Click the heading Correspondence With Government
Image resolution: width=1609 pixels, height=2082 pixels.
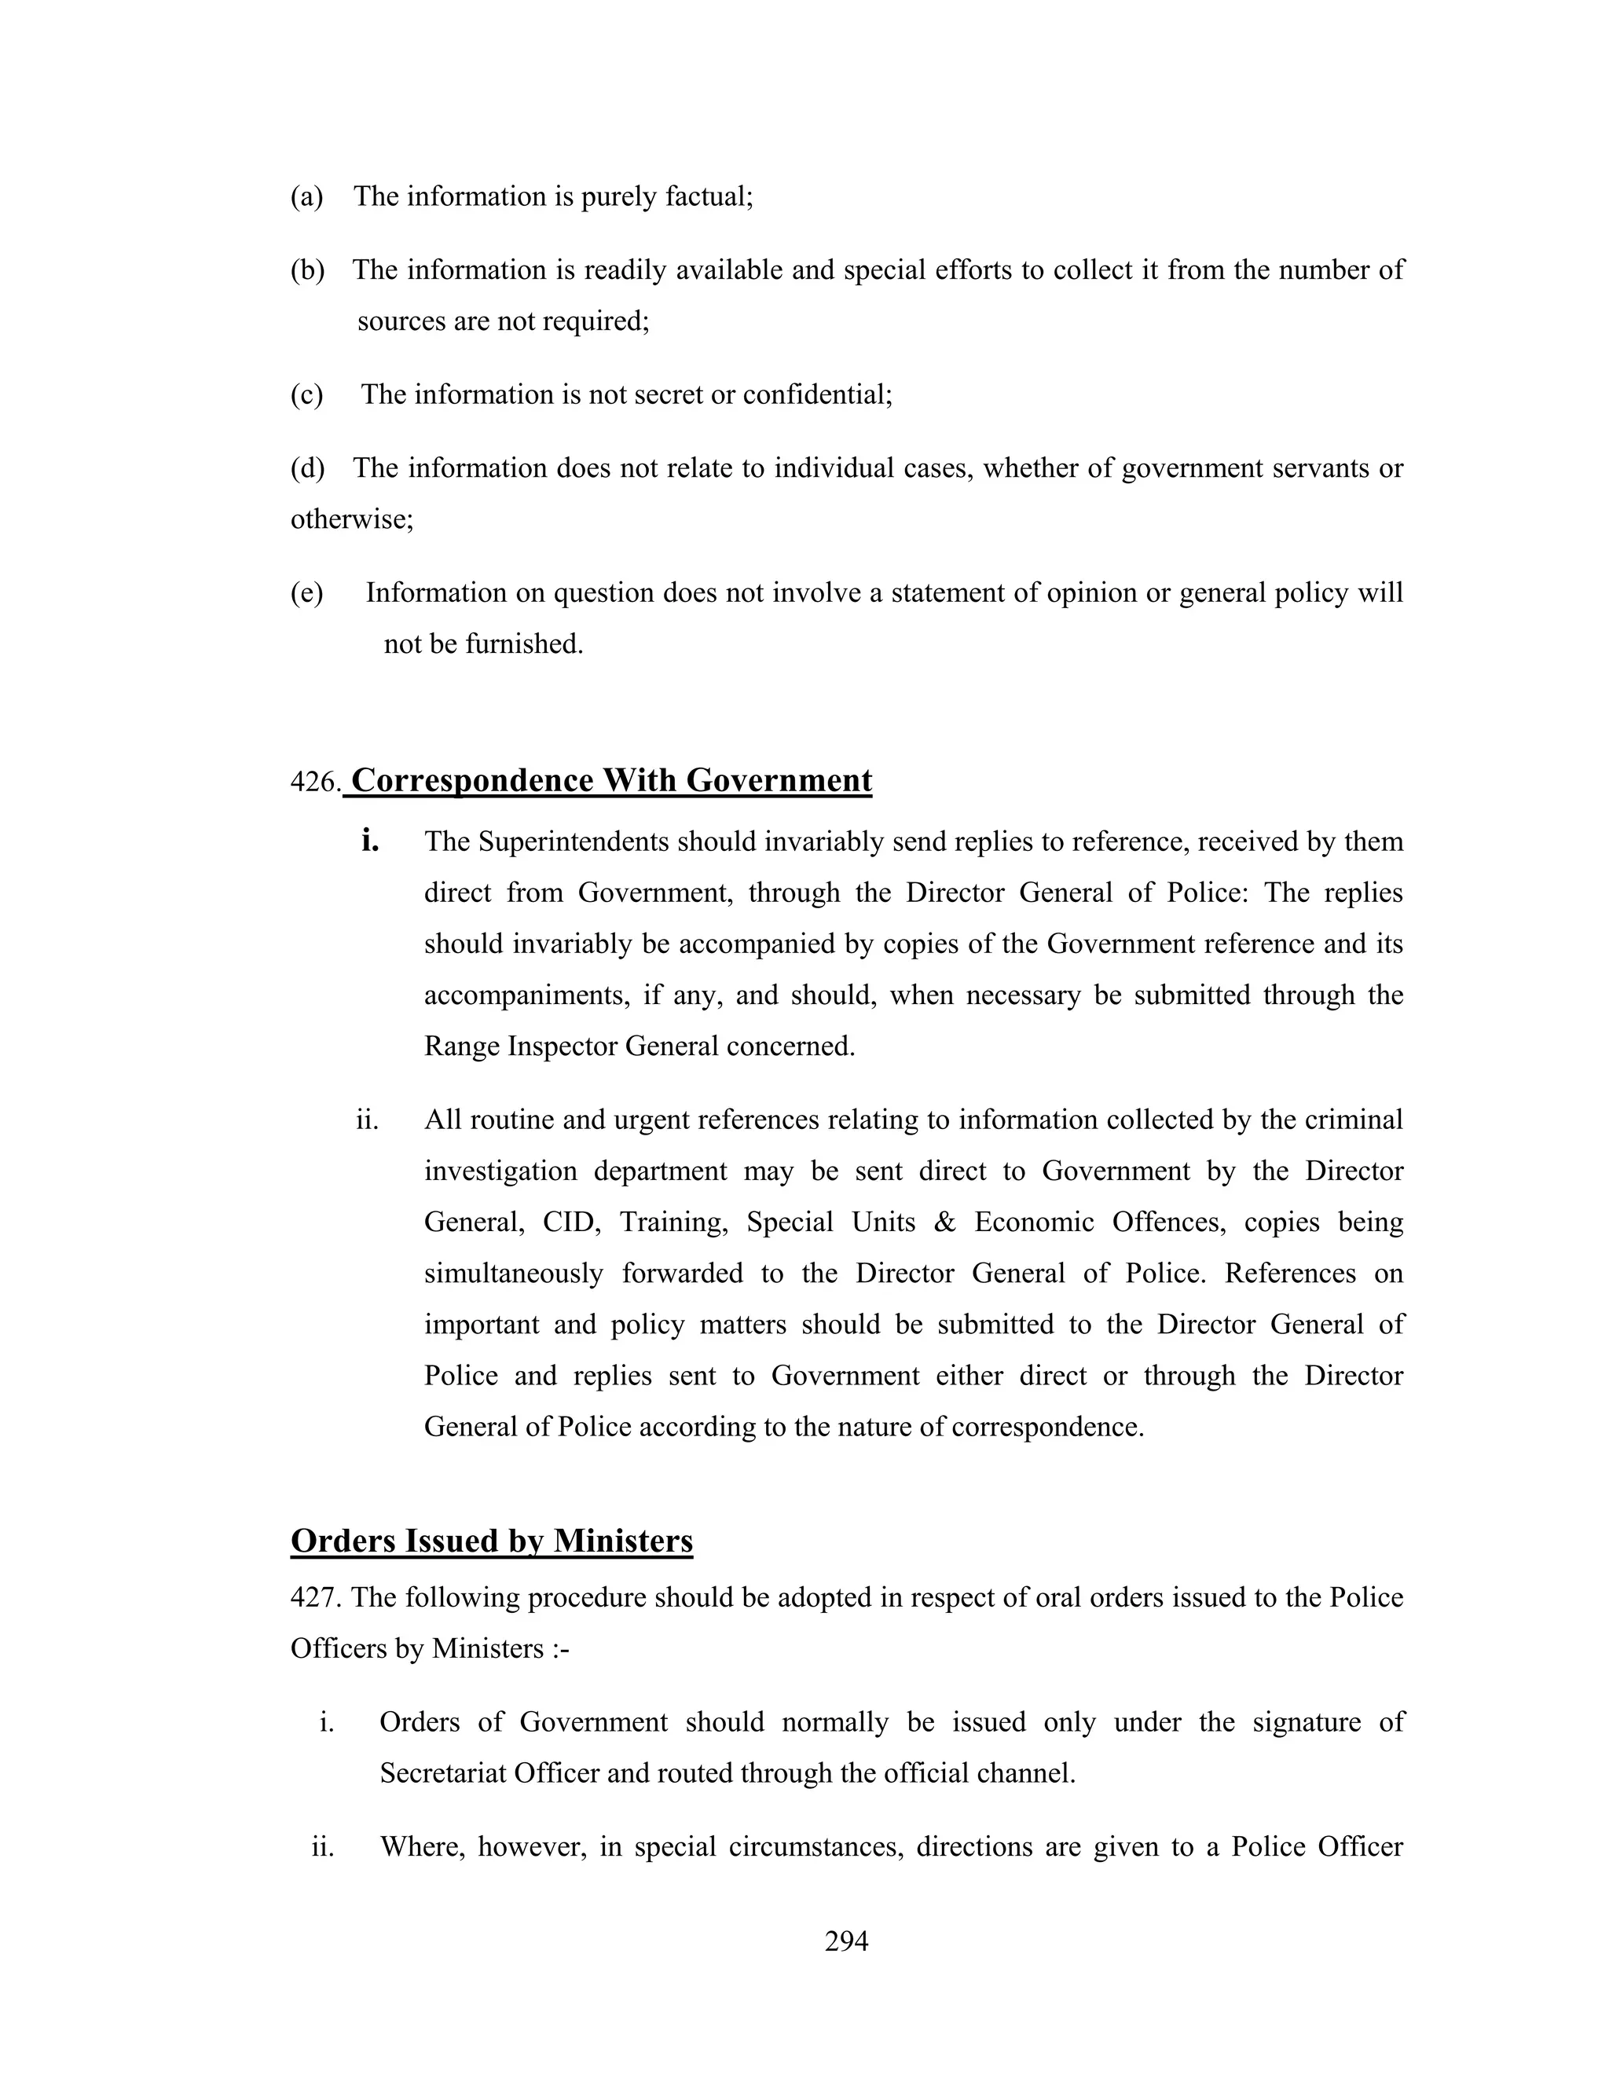click(611, 780)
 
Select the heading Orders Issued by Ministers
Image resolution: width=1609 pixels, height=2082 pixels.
click(491, 1541)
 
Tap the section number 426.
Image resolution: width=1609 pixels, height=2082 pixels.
click(313, 783)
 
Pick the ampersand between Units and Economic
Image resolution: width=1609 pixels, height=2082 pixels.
click(944, 1222)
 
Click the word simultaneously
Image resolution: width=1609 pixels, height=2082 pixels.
click(513, 1274)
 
